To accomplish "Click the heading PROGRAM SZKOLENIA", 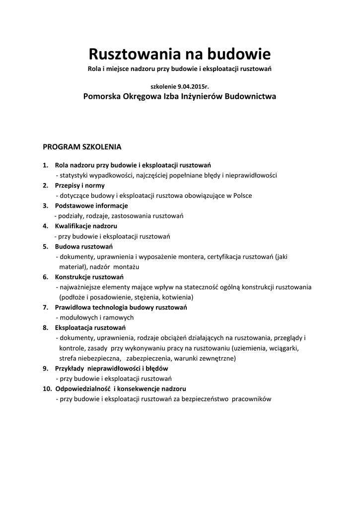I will click(x=82, y=147).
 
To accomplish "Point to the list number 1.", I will click(x=45, y=165).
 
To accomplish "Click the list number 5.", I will click(x=45, y=247).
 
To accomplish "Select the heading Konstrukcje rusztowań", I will click(x=89, y=277).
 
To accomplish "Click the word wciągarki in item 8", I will click(x=284, y=348).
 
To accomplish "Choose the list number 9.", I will click(x=45, y=369).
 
